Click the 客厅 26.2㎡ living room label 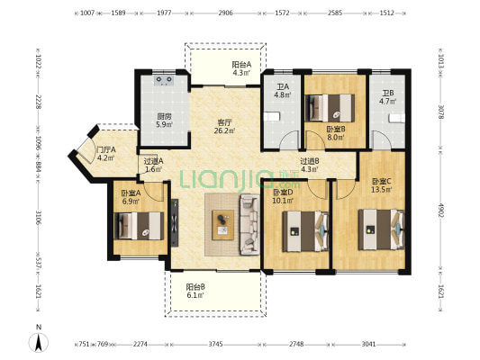(224, 127)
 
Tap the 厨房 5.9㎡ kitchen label (164, 121)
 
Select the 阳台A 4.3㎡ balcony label (241, 68)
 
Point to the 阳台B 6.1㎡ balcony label (195, 291)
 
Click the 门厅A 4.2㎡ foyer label (105, 154)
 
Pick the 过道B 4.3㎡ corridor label (310, 165)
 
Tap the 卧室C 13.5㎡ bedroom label (382, 185)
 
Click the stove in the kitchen (164, 80)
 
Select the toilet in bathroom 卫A (272, 117)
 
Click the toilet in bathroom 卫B (397, 118)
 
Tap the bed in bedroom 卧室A (139, 226)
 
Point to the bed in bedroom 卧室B (330, 108)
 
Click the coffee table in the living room (222, 225)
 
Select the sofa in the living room (249, 224)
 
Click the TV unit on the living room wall (175, 222)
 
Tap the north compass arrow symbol (39, 343)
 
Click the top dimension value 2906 (226, 13)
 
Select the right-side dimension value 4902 (440, 211)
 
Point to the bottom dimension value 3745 (216, 344)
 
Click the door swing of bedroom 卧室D (317, 190)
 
